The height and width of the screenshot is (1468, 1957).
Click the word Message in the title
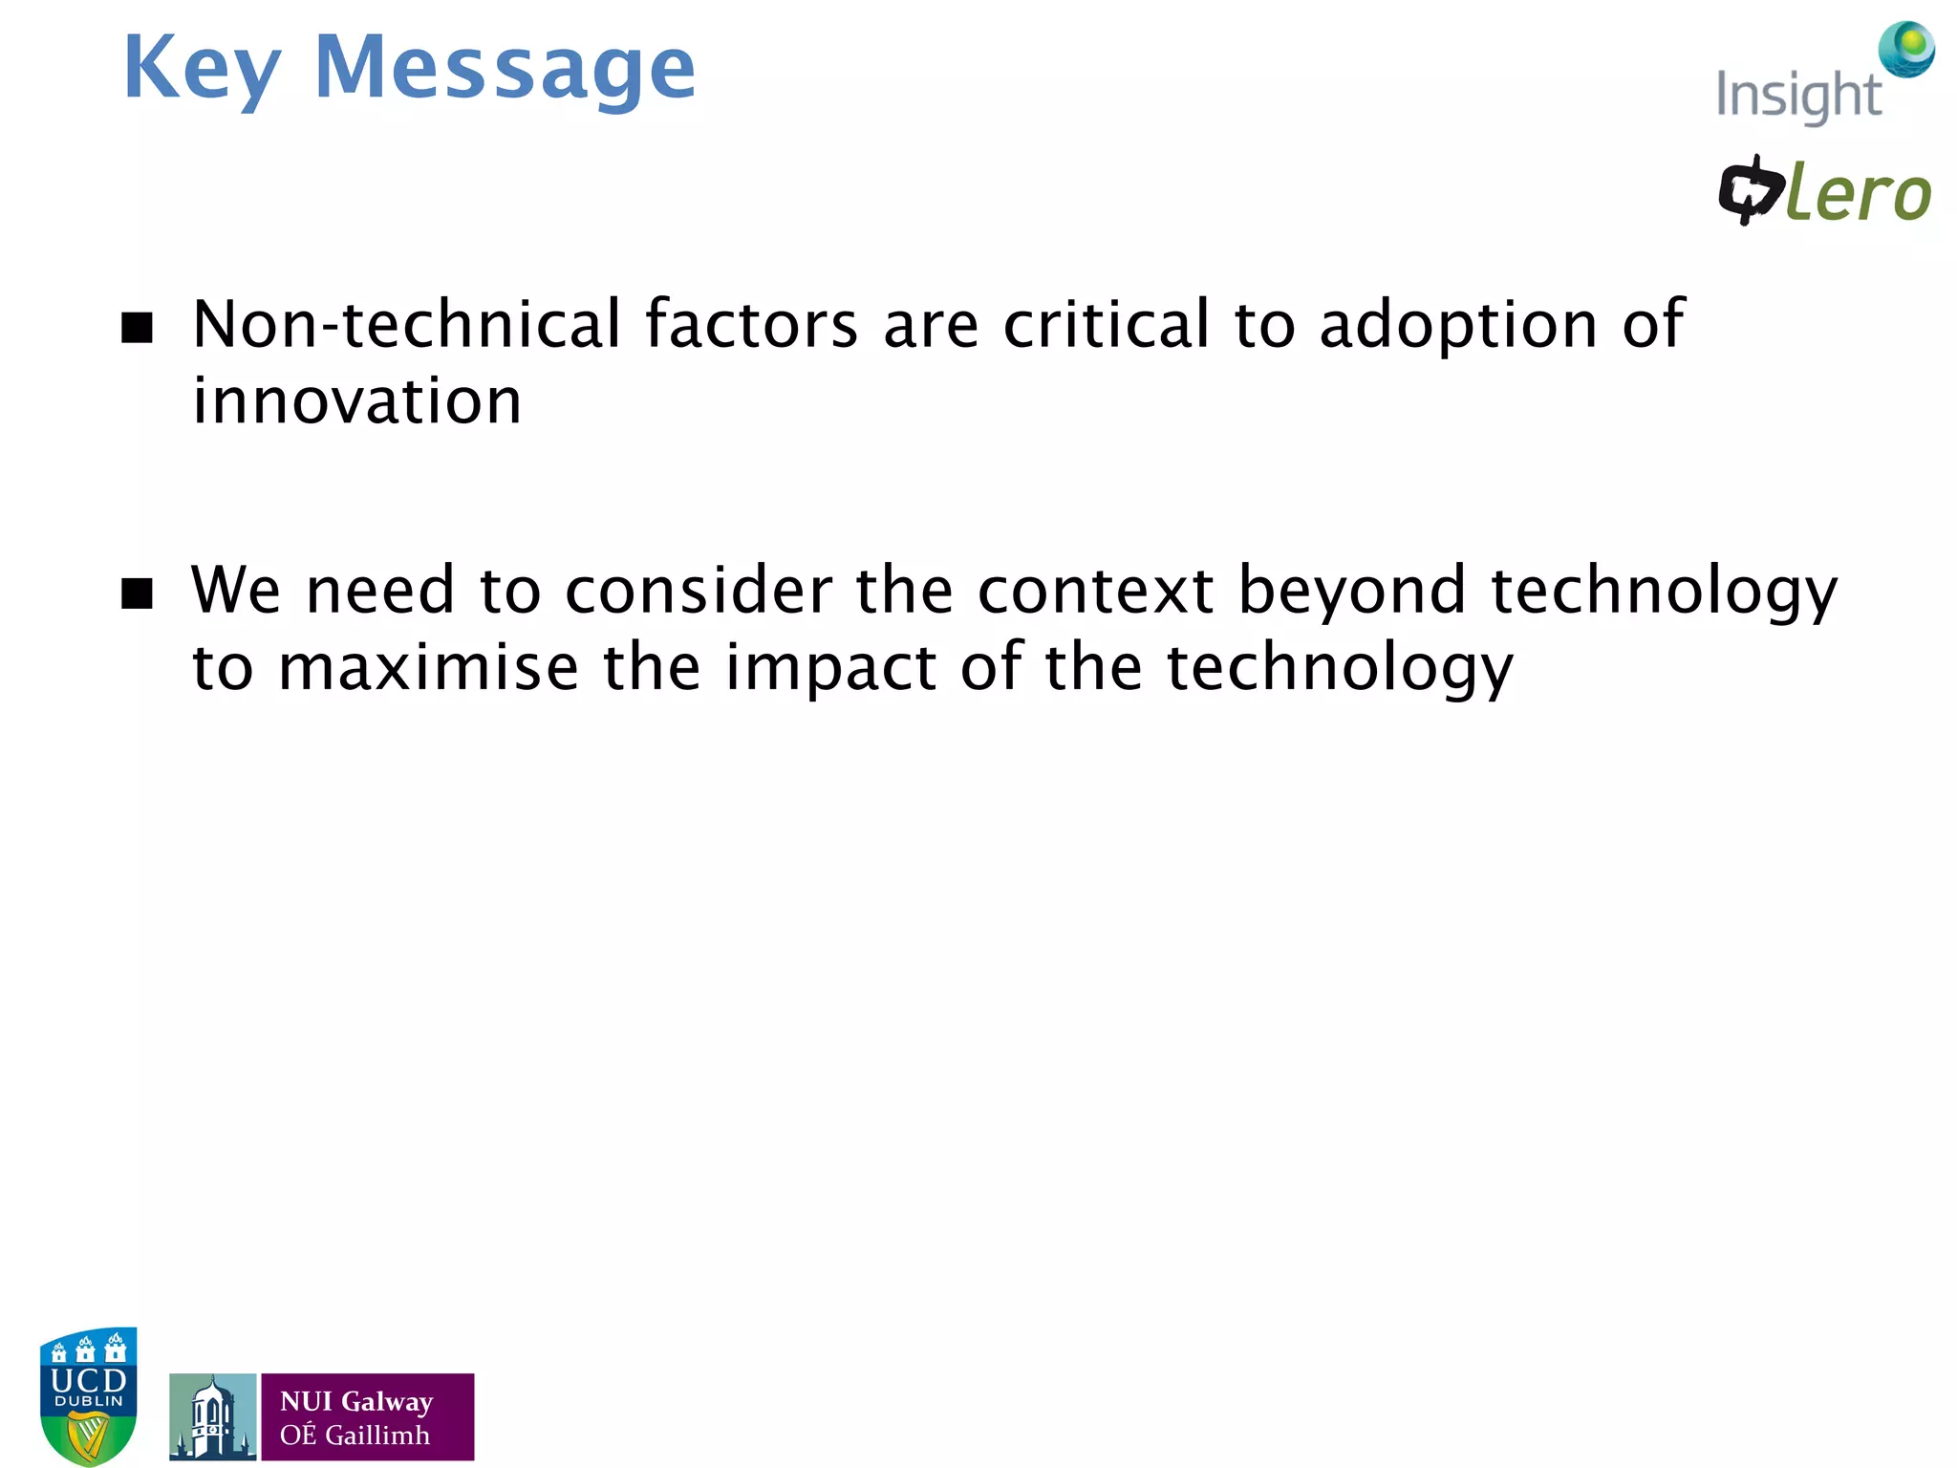tap(505, 69)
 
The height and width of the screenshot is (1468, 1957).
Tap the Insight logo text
tap(1797, 96)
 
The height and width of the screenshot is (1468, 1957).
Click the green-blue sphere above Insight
tap(1907, 48)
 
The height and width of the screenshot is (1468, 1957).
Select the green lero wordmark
tap(1858, 195)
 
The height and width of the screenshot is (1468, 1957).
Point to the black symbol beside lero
tap(1751, 189)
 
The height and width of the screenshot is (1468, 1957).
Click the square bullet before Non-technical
tap(138, 328)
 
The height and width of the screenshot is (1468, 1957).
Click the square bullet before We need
tap(138, 594)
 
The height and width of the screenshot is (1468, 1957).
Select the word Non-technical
tap(407, 325)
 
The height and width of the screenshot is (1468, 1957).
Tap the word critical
tap(1107, 325)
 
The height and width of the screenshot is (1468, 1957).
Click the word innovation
tap(357, 401)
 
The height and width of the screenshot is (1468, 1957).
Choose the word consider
tap(699, 591)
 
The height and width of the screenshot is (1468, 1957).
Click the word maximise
tap(428, 667)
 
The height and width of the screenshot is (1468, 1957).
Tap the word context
tap(1095, 591)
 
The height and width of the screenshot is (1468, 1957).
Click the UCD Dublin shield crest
tap(89, 1395)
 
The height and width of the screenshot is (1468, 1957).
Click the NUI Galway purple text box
tap(367, 1416)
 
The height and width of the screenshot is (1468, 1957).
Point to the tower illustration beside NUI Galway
tap(212, 1416)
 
